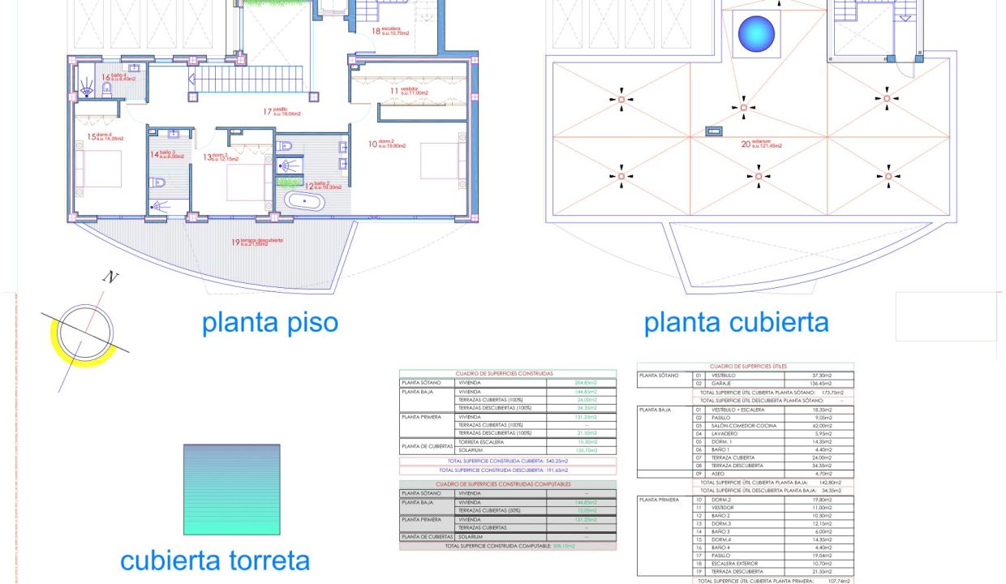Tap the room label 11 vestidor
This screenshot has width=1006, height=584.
click(402, 91)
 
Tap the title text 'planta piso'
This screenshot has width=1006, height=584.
click(269, 323)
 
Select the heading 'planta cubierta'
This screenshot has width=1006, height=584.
click(736, 323)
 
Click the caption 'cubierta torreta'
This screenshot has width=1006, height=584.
click(215, 560)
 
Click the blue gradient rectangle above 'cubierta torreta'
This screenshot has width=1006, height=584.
click(231, 489)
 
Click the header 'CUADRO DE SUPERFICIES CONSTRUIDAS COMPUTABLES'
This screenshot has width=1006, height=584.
click(508, 484)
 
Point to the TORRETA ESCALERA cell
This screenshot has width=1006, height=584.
click(479, 442)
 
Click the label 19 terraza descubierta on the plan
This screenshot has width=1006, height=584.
click(261, 242)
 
